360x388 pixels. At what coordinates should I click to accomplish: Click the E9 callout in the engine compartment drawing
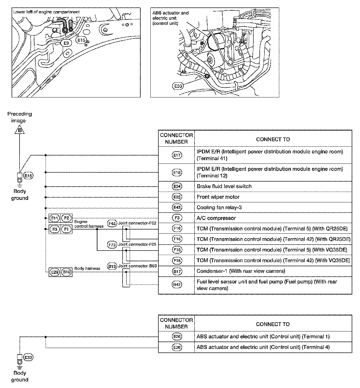tap(67, 43)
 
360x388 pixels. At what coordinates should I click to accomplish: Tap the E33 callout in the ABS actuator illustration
tap(178, 86)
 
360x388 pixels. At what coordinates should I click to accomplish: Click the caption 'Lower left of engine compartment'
tap(46, 12)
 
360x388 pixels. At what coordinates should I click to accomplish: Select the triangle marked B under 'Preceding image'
tap(20, 130)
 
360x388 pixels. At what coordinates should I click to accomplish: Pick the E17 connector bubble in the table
tap(177, 155)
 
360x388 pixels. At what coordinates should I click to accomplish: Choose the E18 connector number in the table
tap(177, 172)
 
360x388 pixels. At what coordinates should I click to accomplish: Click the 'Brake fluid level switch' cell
tap(224, 186)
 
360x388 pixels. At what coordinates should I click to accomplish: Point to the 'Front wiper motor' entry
tap(218, 197)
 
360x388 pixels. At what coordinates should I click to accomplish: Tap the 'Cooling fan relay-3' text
tap(219, 207)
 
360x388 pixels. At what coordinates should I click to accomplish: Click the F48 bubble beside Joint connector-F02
tap(112, 224)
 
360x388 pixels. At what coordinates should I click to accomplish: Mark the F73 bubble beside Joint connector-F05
tap(112, 245)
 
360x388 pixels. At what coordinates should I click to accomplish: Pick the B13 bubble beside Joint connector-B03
tap(112, 266)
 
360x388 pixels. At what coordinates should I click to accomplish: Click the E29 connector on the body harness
tap(55, 272)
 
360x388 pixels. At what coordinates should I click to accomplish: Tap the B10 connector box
tap(67, 272)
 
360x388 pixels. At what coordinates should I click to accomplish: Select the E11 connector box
tap(55, 218)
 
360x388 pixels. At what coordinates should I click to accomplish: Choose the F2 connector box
tap(67, 218)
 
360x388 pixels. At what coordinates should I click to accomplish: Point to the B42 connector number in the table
tap(177, 285)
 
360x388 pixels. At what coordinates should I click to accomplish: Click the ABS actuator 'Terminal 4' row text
tap(263, 347)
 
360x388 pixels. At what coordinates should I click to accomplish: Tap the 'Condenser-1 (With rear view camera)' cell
tap(241, 271)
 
